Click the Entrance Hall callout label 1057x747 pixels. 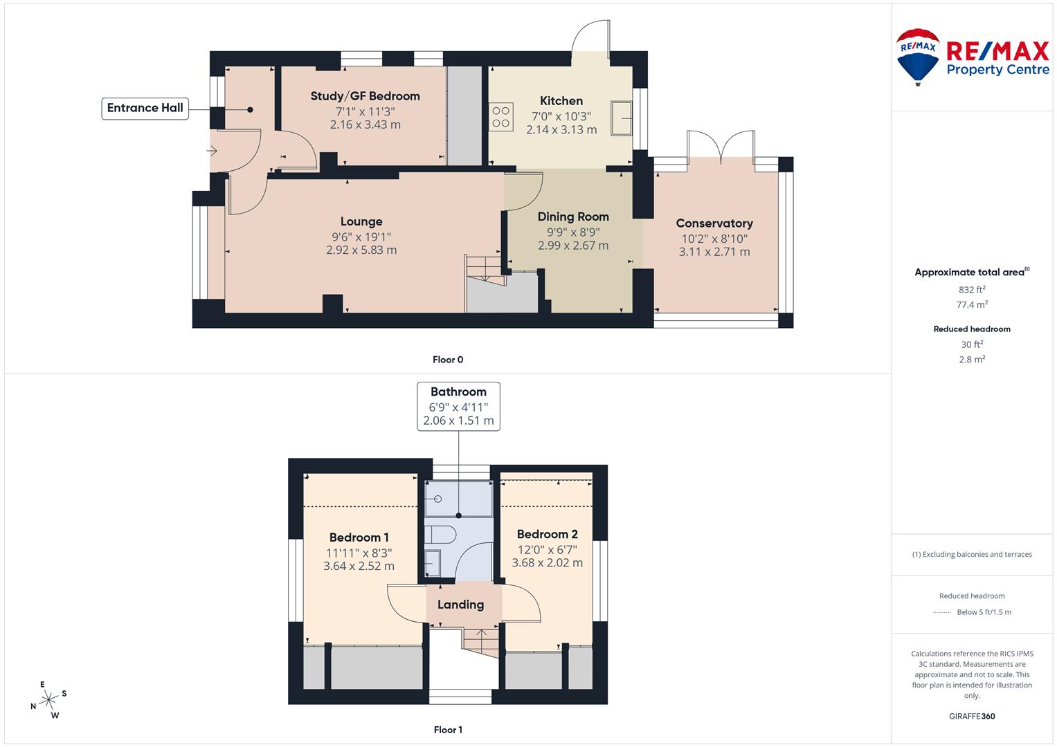pos(145,108)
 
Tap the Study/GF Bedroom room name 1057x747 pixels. pos(365,96)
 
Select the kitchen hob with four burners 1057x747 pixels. pos(501,117)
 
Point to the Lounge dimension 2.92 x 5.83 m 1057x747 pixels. pos(361,250)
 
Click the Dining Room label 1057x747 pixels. pos(573,216)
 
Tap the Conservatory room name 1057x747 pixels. pos(714,223)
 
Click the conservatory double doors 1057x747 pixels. pos(721,145)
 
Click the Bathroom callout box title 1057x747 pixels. pos(458,392)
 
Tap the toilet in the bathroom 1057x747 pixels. pos(440,535)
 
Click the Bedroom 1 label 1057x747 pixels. pos(359,537)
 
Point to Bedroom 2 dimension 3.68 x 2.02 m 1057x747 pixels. pos(547,563)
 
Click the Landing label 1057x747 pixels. pos(460,605)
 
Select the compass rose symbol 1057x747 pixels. pos(48,700)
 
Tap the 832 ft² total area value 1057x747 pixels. pos(971,290)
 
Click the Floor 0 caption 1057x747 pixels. pos(448,360)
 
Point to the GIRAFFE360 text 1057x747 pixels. pos(971,717)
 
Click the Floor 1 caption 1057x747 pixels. pos(448,730)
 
